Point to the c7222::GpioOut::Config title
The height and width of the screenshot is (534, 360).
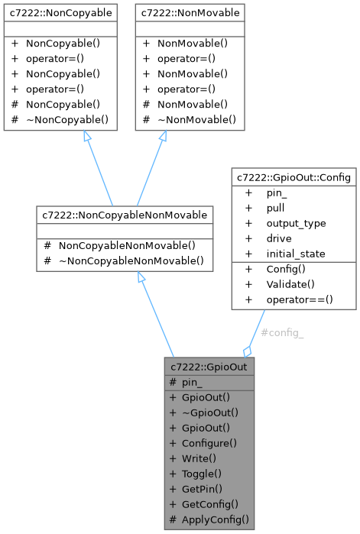coord(294,178)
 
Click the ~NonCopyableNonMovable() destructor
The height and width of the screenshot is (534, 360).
coord(131,261)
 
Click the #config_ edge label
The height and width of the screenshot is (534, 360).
coord(282,333)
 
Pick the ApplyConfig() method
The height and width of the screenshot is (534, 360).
coord(215,519)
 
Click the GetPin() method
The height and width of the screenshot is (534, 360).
coord(202,488)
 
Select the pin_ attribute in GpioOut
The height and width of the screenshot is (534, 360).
coord(192,382)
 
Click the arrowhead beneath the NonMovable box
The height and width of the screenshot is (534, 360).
coord(163,136)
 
